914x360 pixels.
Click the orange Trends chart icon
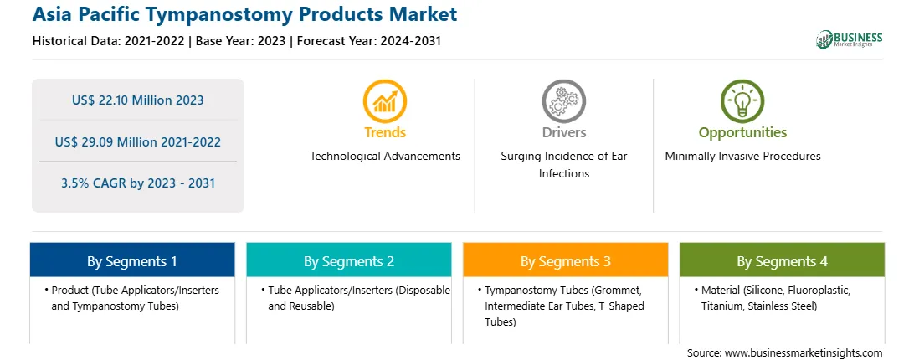coord(385,100)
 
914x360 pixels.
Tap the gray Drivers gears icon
coord(563,100)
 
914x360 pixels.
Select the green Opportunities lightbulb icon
coord(742,100)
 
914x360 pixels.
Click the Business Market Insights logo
coord(849,39)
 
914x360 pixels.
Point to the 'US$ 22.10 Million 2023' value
coord(137,100)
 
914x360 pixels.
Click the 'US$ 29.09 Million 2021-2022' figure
coord(137,141)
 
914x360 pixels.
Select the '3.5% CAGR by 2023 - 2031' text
coord(137,183)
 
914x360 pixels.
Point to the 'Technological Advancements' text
coord(385,156)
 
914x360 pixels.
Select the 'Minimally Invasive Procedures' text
coord(742,156)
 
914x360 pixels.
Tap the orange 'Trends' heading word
coord(385,132)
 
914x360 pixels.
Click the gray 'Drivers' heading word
coord(563,132)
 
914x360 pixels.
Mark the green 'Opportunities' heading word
coord(742,133)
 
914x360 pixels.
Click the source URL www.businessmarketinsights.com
coord(804,352)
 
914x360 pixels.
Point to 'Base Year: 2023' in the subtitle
coord(241,41)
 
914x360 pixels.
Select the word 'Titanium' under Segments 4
coord(721,306)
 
